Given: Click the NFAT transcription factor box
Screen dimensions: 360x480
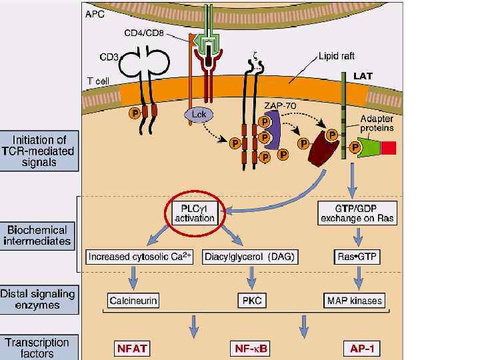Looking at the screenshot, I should click(x=133, y=347).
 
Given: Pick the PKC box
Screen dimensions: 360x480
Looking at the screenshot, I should click(x=251, y=301).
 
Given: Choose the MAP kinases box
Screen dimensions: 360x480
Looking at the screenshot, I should click(x=354, y=301).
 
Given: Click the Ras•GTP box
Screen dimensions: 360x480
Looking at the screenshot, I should click(x=358, y=257).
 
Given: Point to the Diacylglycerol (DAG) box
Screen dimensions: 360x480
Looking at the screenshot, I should click(x=250, y=257).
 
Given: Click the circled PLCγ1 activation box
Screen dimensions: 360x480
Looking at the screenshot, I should click(x=194, y=213).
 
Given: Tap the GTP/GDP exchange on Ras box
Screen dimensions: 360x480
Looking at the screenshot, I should click(x=357, y=213).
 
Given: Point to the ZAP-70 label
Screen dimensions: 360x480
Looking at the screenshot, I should click(x=280, y=105).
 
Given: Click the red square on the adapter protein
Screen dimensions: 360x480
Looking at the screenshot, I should click(x=389, y=147).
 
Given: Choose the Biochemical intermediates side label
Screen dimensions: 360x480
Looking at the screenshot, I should click(x=39, y=235).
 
